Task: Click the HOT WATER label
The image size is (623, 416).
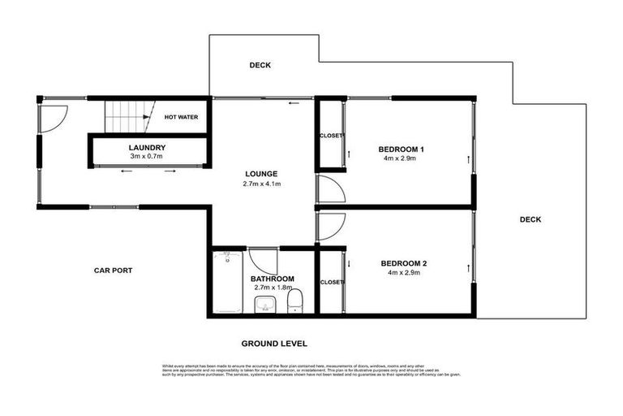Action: [181, 117]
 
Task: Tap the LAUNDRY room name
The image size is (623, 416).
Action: [147, 147]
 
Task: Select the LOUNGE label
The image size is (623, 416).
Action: [262, 174]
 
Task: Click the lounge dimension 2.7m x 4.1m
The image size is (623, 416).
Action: [262, 184]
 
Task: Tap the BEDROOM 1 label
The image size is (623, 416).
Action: [402, 149]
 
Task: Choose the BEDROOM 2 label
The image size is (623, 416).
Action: [402, 262]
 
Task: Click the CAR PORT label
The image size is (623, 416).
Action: [113, 271]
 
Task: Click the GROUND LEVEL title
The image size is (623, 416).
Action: [274, 344]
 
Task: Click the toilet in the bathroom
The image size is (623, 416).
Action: [296, 300]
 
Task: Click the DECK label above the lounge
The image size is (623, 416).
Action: [260, 65]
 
